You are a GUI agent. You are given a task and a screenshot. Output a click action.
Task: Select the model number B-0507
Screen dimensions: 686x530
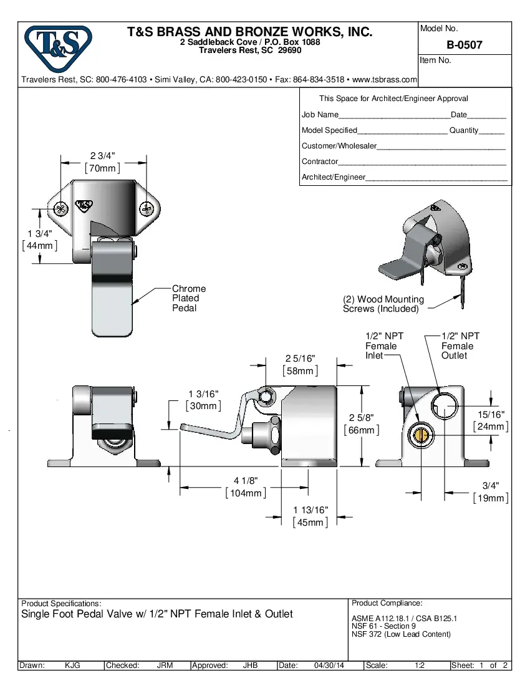(464, 45)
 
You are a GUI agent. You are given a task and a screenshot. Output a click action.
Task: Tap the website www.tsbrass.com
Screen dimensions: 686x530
(384, 80)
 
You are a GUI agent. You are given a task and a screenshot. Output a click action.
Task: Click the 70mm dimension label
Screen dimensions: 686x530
(102, 168)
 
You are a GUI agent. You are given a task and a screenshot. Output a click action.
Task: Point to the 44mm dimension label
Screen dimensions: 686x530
(39, 245)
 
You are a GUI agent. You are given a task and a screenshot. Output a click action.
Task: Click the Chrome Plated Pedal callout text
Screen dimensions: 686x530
(188, 298)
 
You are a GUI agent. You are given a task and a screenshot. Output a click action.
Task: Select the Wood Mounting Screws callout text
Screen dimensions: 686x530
(383, 304)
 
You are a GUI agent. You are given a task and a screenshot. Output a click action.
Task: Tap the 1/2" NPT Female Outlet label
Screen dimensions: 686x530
(460, 345)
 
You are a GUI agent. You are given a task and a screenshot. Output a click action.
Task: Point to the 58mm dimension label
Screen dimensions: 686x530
(300, 371)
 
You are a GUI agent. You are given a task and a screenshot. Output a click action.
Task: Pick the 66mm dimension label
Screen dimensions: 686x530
(361, 430)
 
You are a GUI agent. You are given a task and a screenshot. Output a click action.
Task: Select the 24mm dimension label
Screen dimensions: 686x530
(491, 427)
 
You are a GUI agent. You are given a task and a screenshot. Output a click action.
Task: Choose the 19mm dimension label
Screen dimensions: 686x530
(491, 498)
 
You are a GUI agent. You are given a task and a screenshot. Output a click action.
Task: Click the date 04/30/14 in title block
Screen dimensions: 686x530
(329, 665)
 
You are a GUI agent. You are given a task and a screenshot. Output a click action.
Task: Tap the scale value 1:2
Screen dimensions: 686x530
(420, 665)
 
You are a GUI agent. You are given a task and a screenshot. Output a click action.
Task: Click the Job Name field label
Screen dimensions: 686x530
(320, 115)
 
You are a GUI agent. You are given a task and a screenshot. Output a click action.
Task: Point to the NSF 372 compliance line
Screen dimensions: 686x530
(401, 634)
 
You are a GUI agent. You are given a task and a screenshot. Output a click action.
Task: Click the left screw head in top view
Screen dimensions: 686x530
(60, 208)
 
